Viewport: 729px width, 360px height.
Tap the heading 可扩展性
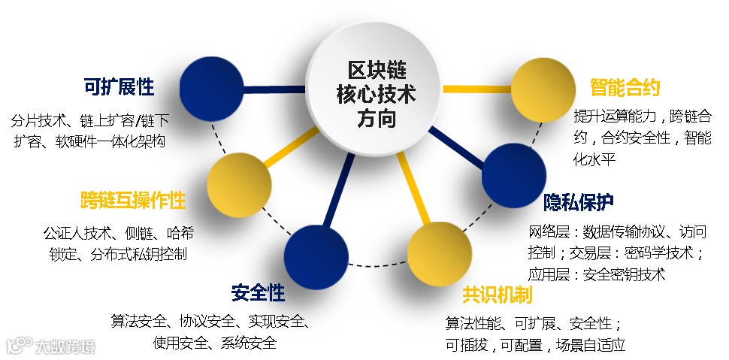pyautogui.click(x=119, y=87)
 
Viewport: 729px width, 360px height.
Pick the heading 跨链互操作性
pyautogui.click(x=133, y=201)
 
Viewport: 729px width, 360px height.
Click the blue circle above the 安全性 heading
pyautogui.click(x=316, y=253)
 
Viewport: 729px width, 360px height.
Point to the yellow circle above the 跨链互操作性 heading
pyautogui.click(x=239, y=182)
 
